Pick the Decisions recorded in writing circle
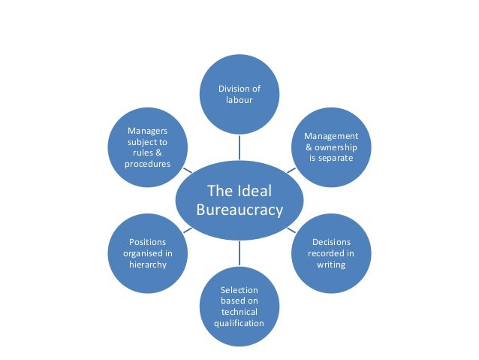330,253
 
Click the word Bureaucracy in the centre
239,210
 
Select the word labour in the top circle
239,101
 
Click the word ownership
336,147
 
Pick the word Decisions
331,242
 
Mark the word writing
331,265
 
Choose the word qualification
239,323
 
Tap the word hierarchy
148,265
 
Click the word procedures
148,163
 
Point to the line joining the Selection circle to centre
239,252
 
